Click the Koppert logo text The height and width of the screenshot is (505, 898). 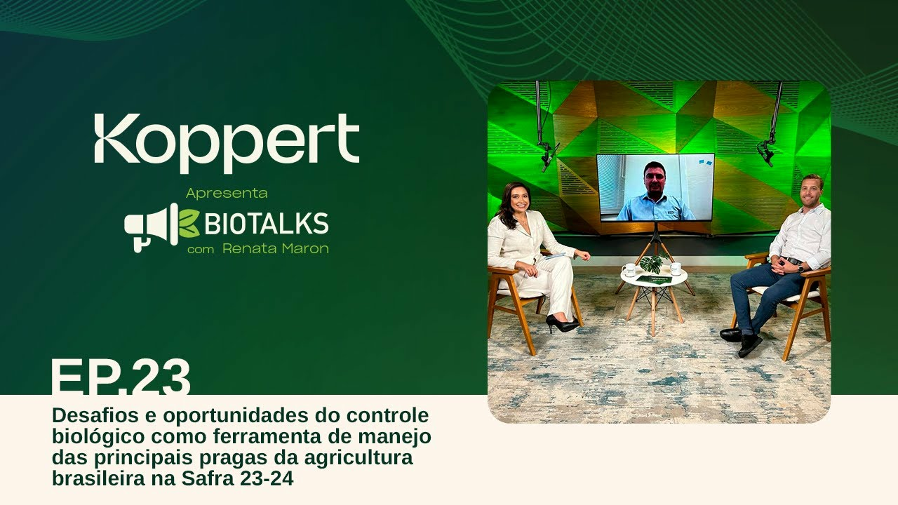click(227, 143)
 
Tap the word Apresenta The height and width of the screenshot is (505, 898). click(227, 193)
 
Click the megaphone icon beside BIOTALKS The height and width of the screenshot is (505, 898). click(152, 227)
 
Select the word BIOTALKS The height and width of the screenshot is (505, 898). click(267, 223)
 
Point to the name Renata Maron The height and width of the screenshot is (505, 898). click(276, 248)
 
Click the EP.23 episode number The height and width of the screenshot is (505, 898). click(121, 377)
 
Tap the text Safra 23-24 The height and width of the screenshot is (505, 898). click(237, 478)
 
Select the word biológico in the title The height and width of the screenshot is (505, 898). click(98, 437)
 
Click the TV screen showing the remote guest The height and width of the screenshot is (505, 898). click(655, 187)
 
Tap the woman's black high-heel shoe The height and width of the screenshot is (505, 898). click(562, 324)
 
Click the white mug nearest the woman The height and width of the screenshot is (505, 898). click(629, 270)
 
